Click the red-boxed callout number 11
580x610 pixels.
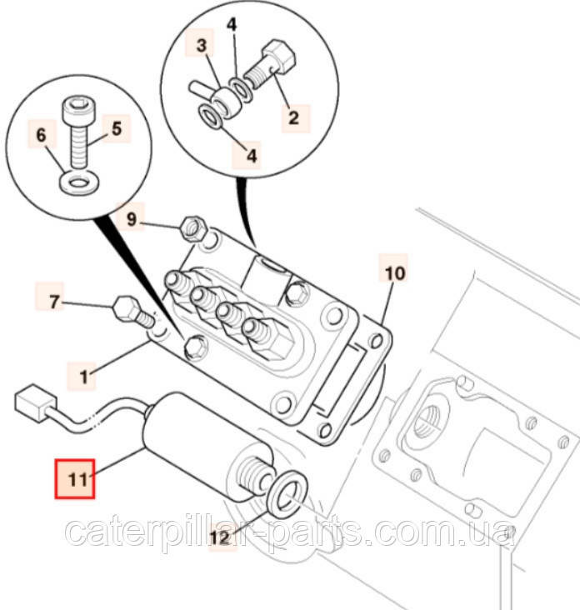click(x=75, y=478)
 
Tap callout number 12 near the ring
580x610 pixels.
click(x=219, y=538)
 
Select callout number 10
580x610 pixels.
click(x=393, y=272)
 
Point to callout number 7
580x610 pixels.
click(x=55, y=302)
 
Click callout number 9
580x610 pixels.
click(x=132, y=221)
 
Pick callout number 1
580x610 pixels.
click(x=83, y=376)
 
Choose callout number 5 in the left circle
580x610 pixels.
click(x=116, y=129)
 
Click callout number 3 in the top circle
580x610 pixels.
click(x=200, y=47)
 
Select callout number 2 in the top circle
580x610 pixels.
click(x=292, y=117)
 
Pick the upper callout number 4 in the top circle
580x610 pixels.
click(x=232, y=26)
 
